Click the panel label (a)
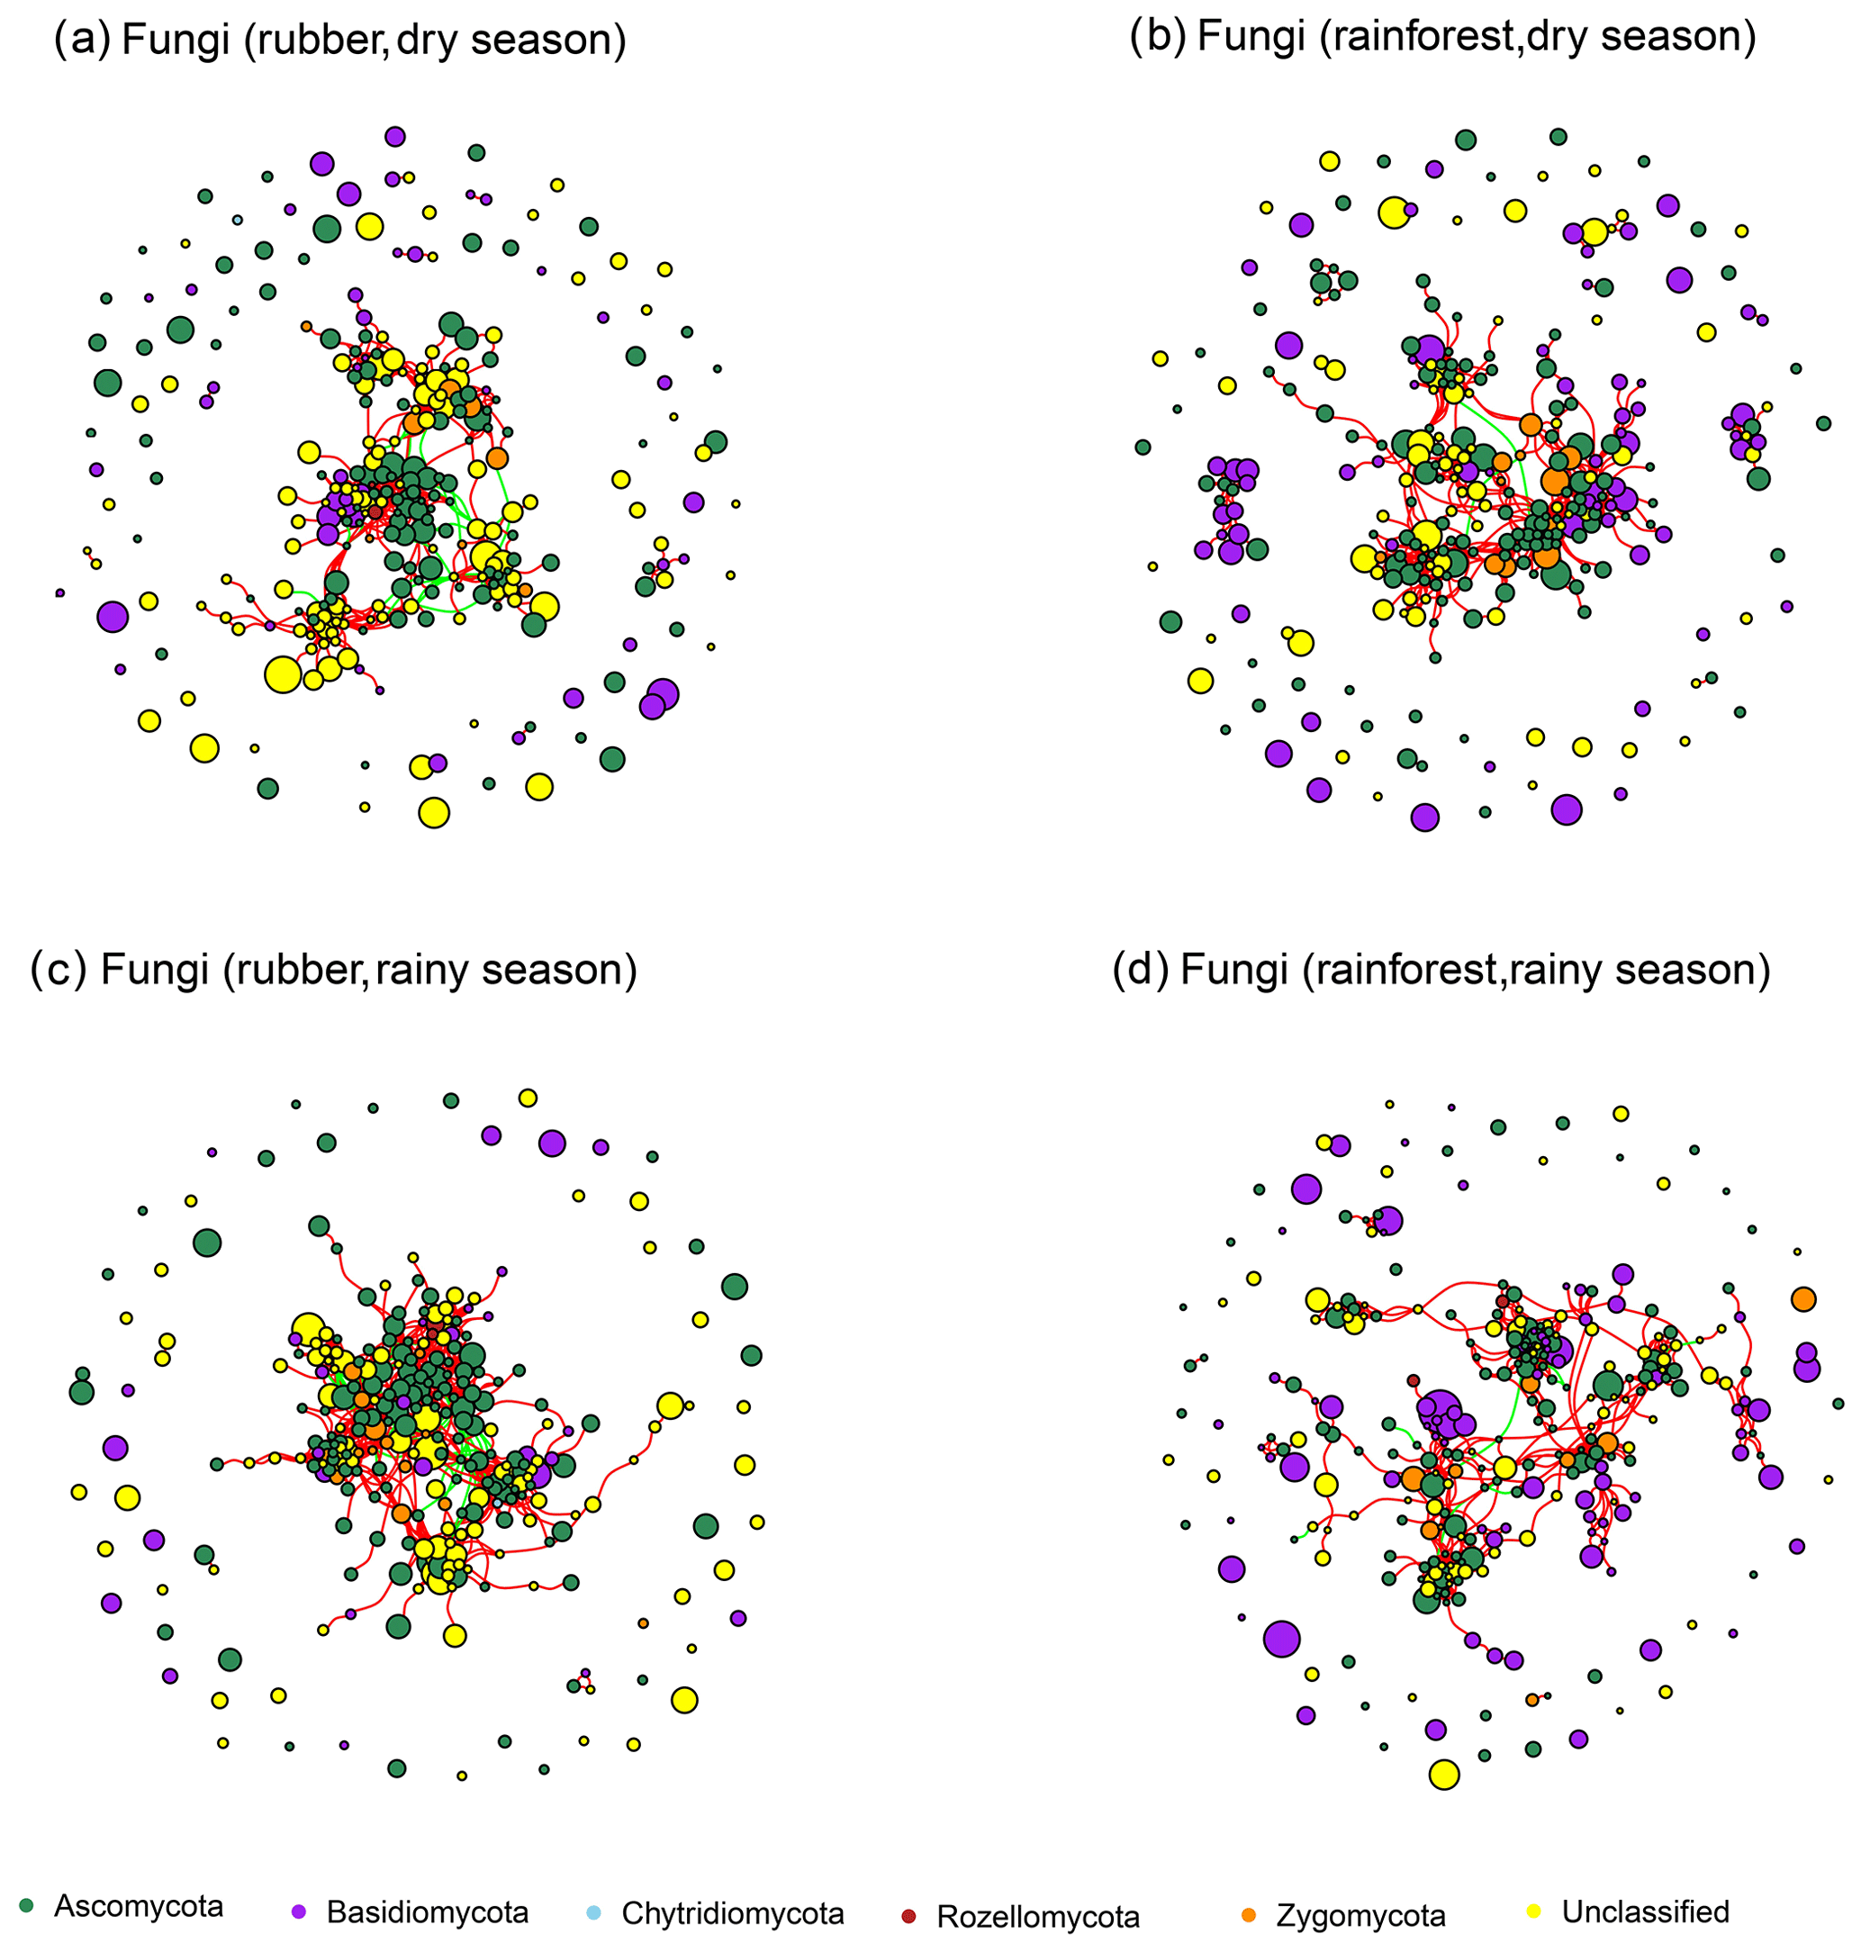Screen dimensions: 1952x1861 click(82, 40)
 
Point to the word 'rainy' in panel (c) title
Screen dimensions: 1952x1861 click(422, 969)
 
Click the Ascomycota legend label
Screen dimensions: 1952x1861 click(139, 1906)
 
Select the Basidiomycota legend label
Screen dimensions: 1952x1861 click(428, 1912)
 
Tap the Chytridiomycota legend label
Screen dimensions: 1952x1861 click(732, 1913)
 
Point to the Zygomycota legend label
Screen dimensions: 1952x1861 click(1360, 1915)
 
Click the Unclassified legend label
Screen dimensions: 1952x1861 click(1645, 1911)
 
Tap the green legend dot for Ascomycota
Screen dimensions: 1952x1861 click(27, 1905)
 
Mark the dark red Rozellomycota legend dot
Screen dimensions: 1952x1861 click(908, 1913)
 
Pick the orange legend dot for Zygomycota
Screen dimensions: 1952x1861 click(1248, 1914)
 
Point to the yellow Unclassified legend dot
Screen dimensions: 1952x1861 click(1533, 1911)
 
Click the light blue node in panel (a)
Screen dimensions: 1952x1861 click(237, 221)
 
